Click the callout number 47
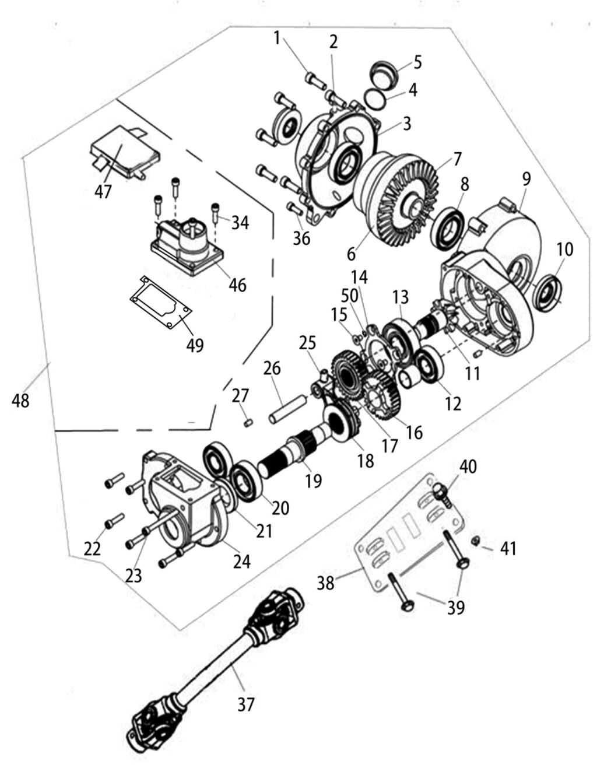point(103,192)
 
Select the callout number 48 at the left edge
point(20,401)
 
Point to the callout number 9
point(526,179)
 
